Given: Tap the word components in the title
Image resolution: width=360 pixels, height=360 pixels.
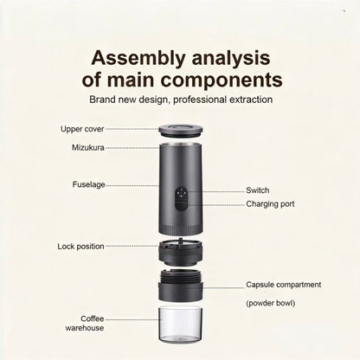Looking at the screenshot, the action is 222,80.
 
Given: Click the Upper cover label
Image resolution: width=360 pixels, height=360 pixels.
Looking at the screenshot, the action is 82,129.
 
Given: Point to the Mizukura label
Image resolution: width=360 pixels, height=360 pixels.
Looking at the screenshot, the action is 88,148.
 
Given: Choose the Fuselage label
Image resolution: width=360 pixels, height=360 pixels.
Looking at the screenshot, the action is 88,184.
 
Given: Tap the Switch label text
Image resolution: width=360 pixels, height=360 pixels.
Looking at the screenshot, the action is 258,190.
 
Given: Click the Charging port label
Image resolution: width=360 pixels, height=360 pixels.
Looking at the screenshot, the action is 270,204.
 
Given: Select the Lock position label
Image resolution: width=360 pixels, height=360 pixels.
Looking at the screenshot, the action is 80,247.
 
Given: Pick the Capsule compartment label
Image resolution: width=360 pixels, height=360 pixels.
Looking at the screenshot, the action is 284,285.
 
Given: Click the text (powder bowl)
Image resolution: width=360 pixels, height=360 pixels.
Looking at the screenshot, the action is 271,304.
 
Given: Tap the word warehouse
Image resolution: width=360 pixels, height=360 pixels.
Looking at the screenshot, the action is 85,328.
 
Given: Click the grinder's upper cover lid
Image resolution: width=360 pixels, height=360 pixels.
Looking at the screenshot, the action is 181,132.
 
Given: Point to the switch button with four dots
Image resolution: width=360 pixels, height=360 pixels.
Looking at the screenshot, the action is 181,193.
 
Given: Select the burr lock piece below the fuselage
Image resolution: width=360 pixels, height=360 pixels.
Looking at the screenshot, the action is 181,252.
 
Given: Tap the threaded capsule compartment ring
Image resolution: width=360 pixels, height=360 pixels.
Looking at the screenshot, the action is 181,285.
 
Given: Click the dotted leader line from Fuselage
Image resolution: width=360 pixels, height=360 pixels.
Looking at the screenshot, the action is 132,185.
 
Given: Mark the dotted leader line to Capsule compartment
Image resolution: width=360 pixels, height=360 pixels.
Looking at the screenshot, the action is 224,287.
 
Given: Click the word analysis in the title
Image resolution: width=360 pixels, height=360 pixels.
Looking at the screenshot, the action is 231,58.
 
